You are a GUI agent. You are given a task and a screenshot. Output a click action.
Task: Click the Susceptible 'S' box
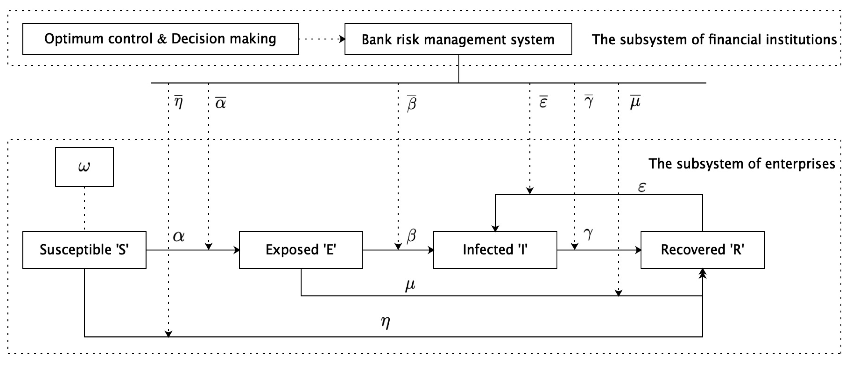(84, 250)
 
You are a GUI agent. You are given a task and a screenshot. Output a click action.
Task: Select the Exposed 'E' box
(301, 250)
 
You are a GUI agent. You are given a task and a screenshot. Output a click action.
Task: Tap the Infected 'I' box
(495, 250)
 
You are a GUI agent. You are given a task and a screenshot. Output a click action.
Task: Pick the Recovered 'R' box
(702, 250)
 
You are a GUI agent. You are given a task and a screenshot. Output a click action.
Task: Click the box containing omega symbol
(84, 167)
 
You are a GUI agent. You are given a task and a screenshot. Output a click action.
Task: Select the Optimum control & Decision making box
(160, 39)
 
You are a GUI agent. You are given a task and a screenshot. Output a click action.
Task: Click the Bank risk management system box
(458, 39)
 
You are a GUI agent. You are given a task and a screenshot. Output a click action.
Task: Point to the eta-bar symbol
(178, 102)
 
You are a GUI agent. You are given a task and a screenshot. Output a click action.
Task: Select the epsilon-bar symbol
(543, 102)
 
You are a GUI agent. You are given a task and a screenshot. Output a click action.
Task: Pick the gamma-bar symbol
(589, 101)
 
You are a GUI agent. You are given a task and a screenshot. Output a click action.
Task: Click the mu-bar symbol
(635, 102)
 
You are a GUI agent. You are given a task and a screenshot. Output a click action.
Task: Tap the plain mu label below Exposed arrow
(410, 285)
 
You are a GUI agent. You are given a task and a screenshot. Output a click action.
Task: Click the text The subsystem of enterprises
(742, 164)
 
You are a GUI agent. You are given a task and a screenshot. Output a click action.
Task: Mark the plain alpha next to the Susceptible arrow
(179, 236)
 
